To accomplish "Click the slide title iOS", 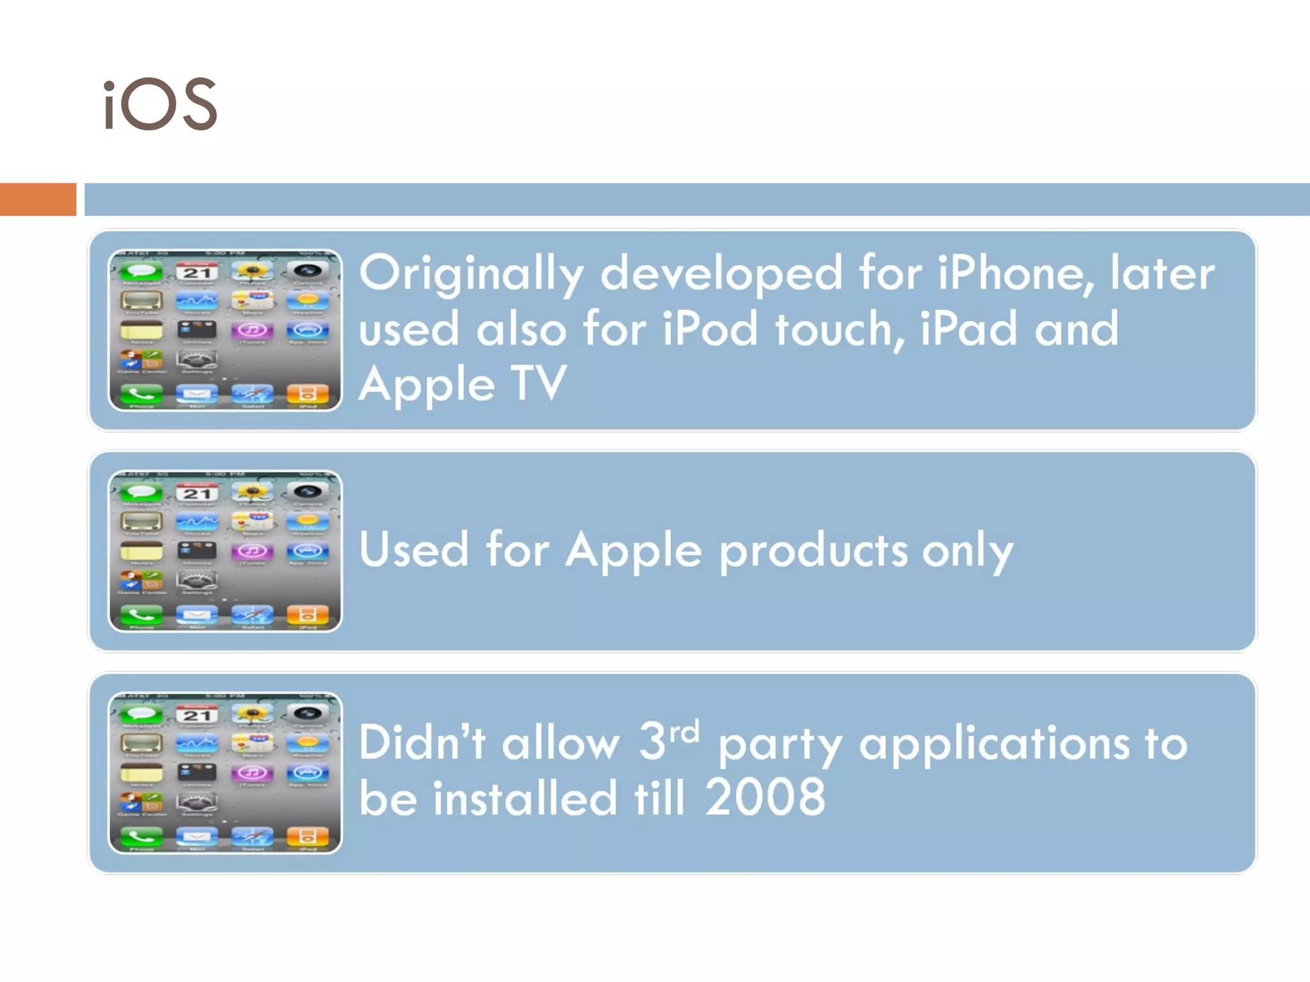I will pyautogui.click(x=161, y=105).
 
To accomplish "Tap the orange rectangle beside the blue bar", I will pyautogui.click(x=38, y=199).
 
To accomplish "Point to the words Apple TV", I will pyautogui.click(x=462, y=384).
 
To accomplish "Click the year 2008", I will pyautogui.click(x=765, y=798).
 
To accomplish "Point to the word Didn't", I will pyautogui.click(x=423, y=743).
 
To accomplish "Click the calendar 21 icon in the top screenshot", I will pyautogui.click(x=197, y=272).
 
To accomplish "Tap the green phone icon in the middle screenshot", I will pyautogui.click(x=141, y=614).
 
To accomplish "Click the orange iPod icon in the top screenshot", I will pyautogui.click(x=308, y=393).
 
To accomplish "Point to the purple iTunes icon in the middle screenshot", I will pyautogui.click(x=253, y=551).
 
